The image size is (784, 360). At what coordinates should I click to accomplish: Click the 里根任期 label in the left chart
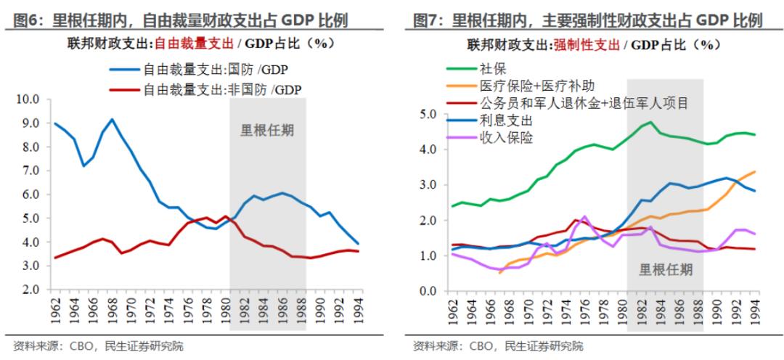267,132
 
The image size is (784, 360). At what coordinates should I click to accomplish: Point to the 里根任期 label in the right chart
666,270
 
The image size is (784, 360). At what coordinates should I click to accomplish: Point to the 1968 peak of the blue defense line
112,119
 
